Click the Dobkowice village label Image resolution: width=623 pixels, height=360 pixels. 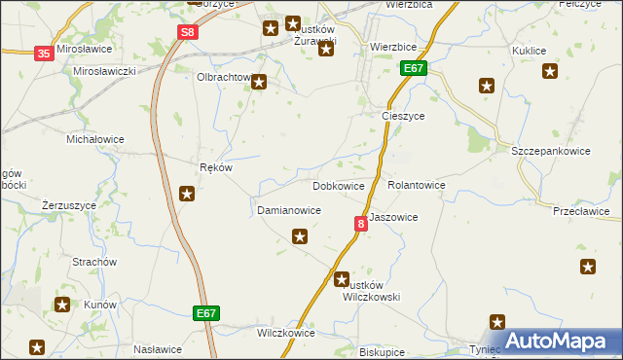[338, 186]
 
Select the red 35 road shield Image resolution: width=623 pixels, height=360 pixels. [44, 54]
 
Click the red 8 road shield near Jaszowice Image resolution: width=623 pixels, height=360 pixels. [361, 224]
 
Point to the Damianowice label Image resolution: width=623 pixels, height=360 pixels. [288, 210]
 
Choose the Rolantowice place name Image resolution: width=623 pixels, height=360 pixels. [416, 185]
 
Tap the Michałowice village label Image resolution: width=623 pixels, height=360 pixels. [94, 139]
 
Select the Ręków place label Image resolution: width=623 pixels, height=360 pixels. [215, 166]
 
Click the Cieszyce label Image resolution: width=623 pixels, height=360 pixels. [401, 115]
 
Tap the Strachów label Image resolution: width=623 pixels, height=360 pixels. [94, 262]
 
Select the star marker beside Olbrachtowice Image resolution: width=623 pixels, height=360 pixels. [259, 83]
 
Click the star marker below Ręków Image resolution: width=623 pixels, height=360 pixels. [187, 194]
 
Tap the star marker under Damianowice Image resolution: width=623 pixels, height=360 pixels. [300, 235]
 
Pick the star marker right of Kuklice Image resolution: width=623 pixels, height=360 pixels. [550, 70]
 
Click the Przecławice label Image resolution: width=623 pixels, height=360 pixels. [580, 211]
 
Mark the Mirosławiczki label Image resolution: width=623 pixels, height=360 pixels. [104, 71]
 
